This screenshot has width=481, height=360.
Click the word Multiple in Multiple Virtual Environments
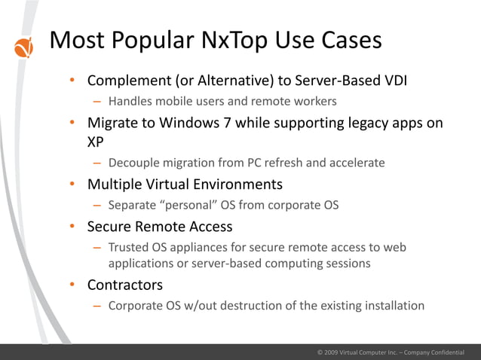point(115,184)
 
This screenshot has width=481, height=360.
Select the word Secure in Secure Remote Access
point(110,226)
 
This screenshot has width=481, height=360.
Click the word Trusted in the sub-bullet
point(130,247)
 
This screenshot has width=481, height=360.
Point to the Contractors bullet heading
point(124,285)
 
